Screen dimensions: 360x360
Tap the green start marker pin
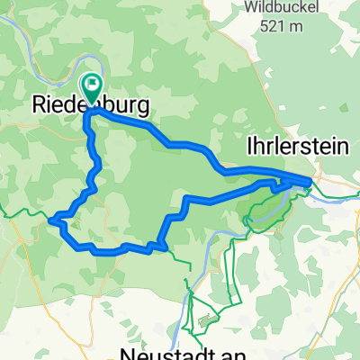[93, 88]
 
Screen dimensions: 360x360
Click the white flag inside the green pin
[93, 85]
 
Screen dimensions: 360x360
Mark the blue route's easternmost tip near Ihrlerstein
[310, 183]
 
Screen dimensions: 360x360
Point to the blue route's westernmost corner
[50, 218]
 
